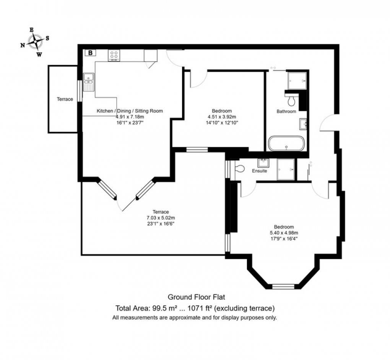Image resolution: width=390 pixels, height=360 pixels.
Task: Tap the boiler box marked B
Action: [90, 53]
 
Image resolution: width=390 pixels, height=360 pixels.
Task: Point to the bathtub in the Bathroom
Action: [287, 143]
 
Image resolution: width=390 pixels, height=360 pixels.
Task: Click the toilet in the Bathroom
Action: [291, 101]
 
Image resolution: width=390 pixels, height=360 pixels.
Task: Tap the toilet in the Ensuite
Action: [240, 168]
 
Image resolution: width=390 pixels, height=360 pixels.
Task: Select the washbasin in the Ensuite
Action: [263, 163]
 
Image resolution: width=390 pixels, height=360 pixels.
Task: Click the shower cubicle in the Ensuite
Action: [286, 169]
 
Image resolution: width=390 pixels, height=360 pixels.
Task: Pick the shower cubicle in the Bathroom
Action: [297, 80]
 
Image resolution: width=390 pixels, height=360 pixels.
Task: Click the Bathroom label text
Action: [286, 112]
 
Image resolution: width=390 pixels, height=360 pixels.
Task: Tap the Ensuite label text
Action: [259, 171]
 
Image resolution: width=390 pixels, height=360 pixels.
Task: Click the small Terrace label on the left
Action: [65, 99]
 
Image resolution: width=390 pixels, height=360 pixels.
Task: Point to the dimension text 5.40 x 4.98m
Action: [284, 233]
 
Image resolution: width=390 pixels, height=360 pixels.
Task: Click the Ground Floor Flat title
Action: [195, 297]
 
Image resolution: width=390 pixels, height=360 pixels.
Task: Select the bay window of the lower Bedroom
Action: [283, 286]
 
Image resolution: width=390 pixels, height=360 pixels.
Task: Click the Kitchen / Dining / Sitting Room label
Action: [130, 111]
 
